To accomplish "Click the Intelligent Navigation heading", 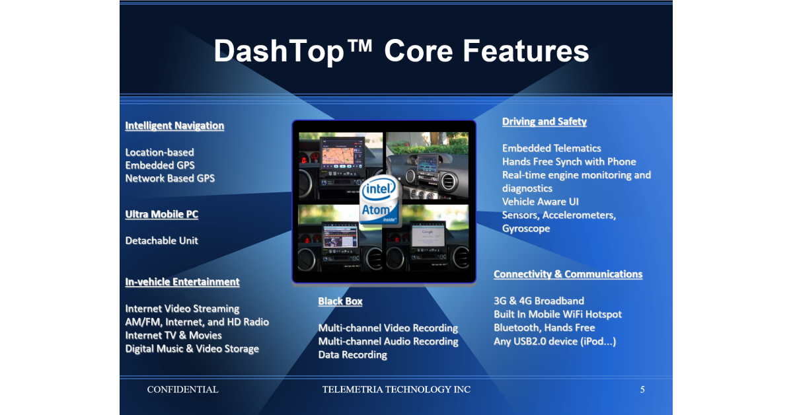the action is (x=174, y=126).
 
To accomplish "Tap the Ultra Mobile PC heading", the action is (x=161, y=214).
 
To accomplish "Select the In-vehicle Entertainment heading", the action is (x=182, y=282).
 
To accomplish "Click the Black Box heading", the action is (x=340, y=301).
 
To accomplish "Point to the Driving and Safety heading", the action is (x=544, y=122).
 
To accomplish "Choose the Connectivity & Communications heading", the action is (x=568, y=274).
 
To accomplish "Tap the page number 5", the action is (x=642, y=389).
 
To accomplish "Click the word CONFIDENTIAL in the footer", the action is (x=182, y=389).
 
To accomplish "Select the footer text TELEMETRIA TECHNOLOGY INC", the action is (x=396, y=389).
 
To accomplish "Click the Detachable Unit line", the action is (x=161, y=241).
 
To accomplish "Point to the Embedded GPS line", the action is (x=160, y=165).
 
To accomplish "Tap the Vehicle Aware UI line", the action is (x=541, y=202).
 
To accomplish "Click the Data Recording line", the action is (x=353, y=355).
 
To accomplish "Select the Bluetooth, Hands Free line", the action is (x=544, y=328).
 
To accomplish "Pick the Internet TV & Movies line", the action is (x=173, y=335).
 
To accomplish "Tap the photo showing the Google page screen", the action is (x=428, y=238).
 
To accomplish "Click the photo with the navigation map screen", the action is (x=340, y=165).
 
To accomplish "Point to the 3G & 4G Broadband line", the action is (x=539, y=301).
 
